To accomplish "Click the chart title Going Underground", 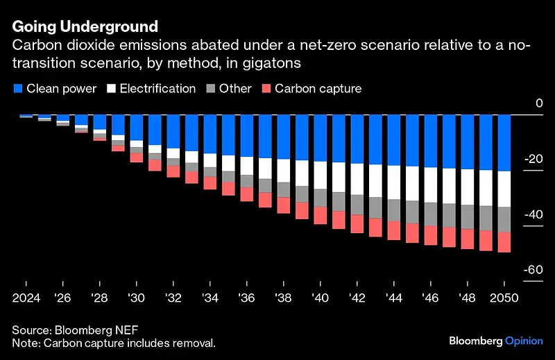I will pos(85,27).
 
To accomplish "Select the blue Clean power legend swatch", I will pos(18,89).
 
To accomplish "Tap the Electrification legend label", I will pos(157,89).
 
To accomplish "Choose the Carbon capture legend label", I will pos(318,89).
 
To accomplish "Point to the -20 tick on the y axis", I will pos(533,159).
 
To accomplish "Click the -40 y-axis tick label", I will pos(533,214).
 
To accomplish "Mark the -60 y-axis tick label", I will pos(533,270).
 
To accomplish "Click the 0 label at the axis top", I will pos(538,103).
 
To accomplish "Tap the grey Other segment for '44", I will pos(393,210).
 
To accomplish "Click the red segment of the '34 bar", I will pos(210,182).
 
